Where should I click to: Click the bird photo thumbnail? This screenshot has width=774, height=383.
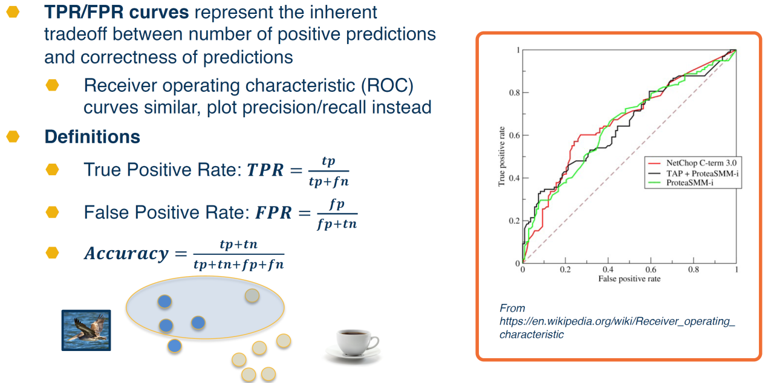pos(86,330)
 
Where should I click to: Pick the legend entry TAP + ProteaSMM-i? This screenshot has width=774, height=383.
pos(703,172)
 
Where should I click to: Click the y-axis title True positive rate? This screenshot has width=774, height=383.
pos(501,156)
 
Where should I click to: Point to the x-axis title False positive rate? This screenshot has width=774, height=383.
pos(629,278)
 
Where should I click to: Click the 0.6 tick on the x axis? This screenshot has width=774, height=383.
pos(651,269)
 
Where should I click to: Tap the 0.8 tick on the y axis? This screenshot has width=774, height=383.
pos(513,93)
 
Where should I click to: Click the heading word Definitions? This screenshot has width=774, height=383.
pos(93,137)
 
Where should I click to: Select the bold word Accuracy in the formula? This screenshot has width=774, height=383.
pos(126,254)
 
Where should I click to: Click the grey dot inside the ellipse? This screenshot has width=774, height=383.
pos(252,295)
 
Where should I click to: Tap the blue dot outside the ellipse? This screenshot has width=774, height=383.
pos(174,346)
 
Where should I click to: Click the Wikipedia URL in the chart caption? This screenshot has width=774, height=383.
pos(617,321)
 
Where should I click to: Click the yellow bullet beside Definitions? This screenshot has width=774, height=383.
pos(13,137)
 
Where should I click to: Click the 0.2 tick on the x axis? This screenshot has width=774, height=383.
pos(565,269)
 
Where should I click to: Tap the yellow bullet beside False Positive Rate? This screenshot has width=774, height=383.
pos(53,212)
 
